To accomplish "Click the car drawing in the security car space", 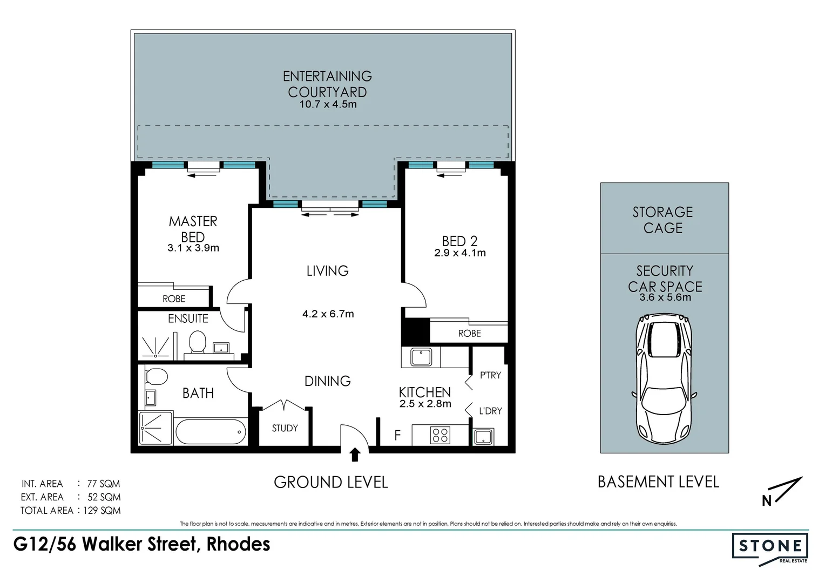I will tap(664, 379).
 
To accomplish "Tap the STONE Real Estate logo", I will tap(770, 548).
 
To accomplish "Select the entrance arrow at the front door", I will tap(355, 455).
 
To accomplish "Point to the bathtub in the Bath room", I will tap(211, 431).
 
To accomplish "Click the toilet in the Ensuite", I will tap(198, 342).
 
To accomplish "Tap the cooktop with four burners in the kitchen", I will tap(440, 435).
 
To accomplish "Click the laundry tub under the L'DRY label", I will tap(483, 437).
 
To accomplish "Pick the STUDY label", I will tap(285, 428).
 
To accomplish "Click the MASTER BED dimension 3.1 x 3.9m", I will tap(193, 248).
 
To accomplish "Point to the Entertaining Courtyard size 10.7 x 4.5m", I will tap(328, 105).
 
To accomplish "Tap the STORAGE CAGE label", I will tap(663, 220).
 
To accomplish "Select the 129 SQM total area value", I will tap(102, 510).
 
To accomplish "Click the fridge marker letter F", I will tap(397, 435).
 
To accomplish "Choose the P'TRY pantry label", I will tap(490, 375).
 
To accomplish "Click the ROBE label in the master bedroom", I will tap(174, 299).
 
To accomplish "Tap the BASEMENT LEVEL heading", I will tap(658, 482).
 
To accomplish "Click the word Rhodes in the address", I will tap(238, 544).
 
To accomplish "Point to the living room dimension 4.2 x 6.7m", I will tap(328, 314).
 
